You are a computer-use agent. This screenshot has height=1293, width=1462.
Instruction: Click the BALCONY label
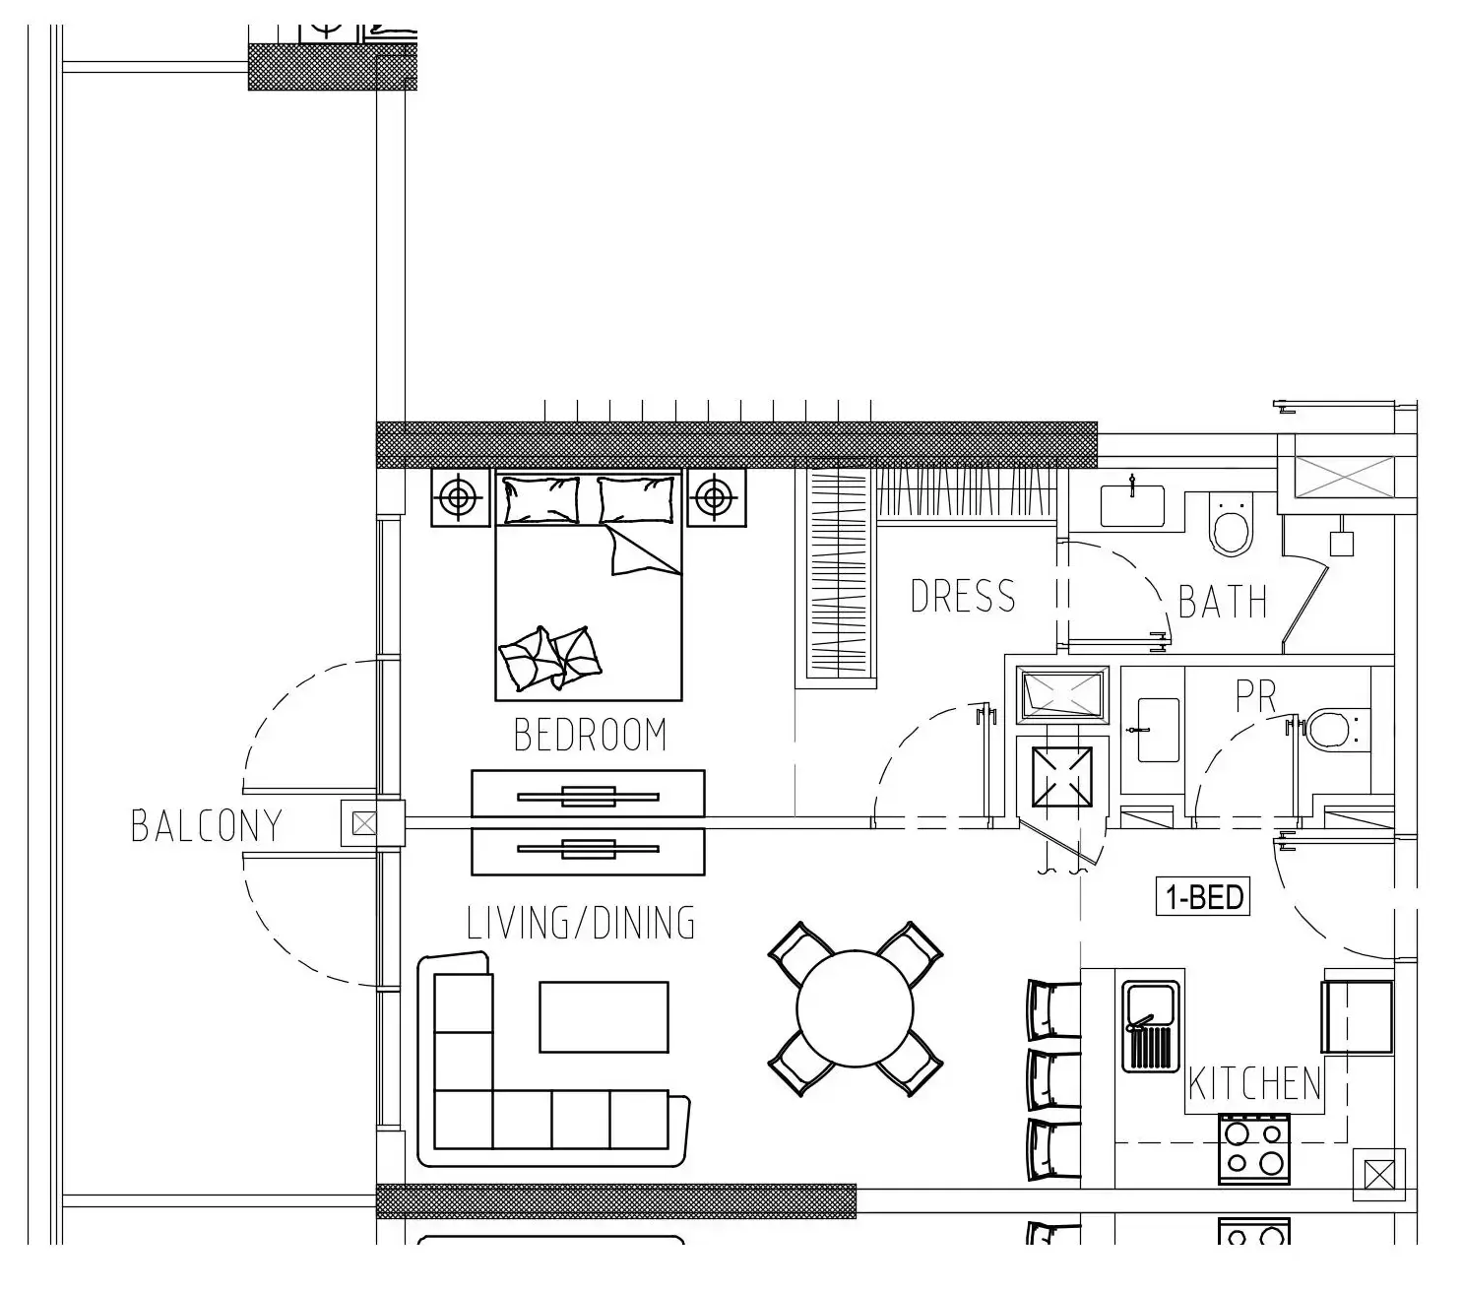coord(207,825)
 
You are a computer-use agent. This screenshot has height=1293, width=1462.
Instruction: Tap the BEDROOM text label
coord(590,735)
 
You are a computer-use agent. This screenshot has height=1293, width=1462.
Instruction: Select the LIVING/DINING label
coord(581,923)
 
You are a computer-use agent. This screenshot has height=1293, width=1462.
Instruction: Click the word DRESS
coord(962,597)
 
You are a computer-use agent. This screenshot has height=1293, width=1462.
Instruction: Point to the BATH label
coord(1222,602)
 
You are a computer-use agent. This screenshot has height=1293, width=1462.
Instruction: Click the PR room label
coord(1255,697)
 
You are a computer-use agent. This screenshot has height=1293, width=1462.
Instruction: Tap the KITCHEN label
coord(1254,1083)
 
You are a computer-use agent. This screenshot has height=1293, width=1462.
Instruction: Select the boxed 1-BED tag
coord(1203,897)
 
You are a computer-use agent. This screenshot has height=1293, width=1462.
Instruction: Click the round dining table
coord(855,1007)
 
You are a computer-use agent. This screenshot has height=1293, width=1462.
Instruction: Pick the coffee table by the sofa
coord(604,1016)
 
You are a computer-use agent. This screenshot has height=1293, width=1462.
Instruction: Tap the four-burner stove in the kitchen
coord(1253,1148)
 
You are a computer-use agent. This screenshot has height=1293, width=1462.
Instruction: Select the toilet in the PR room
coord(1332,730)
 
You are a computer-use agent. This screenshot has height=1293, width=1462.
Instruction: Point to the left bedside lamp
coord(458,498)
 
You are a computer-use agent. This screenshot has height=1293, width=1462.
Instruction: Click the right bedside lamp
coord(715,498)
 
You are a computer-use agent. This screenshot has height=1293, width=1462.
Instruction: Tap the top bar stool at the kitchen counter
coord(1052,1009)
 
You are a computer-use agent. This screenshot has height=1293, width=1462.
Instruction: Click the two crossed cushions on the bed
coord(548,657)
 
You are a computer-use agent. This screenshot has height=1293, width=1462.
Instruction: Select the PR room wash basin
coord(1157,730)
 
